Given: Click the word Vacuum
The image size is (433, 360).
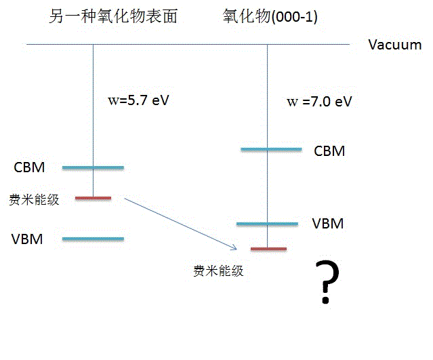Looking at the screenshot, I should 394,45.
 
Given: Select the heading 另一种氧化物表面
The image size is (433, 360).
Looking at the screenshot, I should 113,17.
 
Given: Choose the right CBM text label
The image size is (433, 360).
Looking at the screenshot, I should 329,151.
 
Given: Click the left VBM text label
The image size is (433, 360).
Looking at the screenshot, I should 29,239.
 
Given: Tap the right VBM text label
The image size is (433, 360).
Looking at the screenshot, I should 328,224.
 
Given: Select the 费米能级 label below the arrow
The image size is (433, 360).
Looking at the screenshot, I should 218,272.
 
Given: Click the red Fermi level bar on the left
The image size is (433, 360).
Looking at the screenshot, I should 93,198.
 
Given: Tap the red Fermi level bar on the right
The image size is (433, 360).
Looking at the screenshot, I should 268,249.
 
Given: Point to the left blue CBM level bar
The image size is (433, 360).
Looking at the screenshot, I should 93,167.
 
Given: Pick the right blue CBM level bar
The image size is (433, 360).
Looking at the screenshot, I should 271,149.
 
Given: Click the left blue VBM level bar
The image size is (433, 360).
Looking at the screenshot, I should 93,239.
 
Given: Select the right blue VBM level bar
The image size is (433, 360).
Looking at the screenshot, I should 267,224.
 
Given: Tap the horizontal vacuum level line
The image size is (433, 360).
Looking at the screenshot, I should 190,45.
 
